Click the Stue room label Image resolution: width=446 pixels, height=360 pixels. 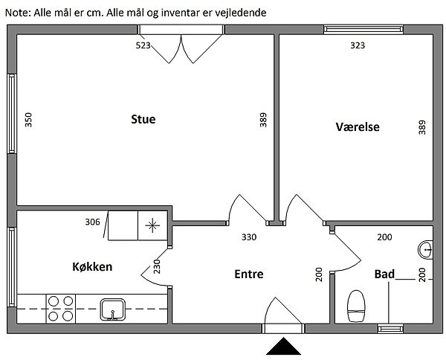point(143,120)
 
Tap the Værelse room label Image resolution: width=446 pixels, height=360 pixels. point(358,127)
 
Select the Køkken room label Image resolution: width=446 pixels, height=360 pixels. point(92,266)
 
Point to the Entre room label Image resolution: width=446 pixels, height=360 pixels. point(249,274)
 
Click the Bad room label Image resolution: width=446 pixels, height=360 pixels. point(384,274)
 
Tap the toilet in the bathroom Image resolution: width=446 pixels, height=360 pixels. point(358,305)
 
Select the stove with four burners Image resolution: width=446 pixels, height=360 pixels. point(60,307)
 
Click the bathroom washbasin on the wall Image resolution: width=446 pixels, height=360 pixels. point(426,248)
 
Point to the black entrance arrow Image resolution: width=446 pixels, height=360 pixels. point(283,347)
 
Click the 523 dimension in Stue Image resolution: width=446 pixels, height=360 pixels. point(143,45)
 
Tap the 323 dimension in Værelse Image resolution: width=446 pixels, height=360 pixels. point(358,45)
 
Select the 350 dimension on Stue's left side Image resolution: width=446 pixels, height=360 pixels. point(29,120)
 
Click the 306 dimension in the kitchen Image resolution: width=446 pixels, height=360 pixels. point(92,222)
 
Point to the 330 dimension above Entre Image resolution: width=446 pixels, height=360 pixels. point(249,238)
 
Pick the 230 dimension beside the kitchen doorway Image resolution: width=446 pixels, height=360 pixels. point(157,266)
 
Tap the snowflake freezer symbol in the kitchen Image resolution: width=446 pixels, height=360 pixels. point(152,225)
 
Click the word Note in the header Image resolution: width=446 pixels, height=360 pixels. point(16,13)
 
